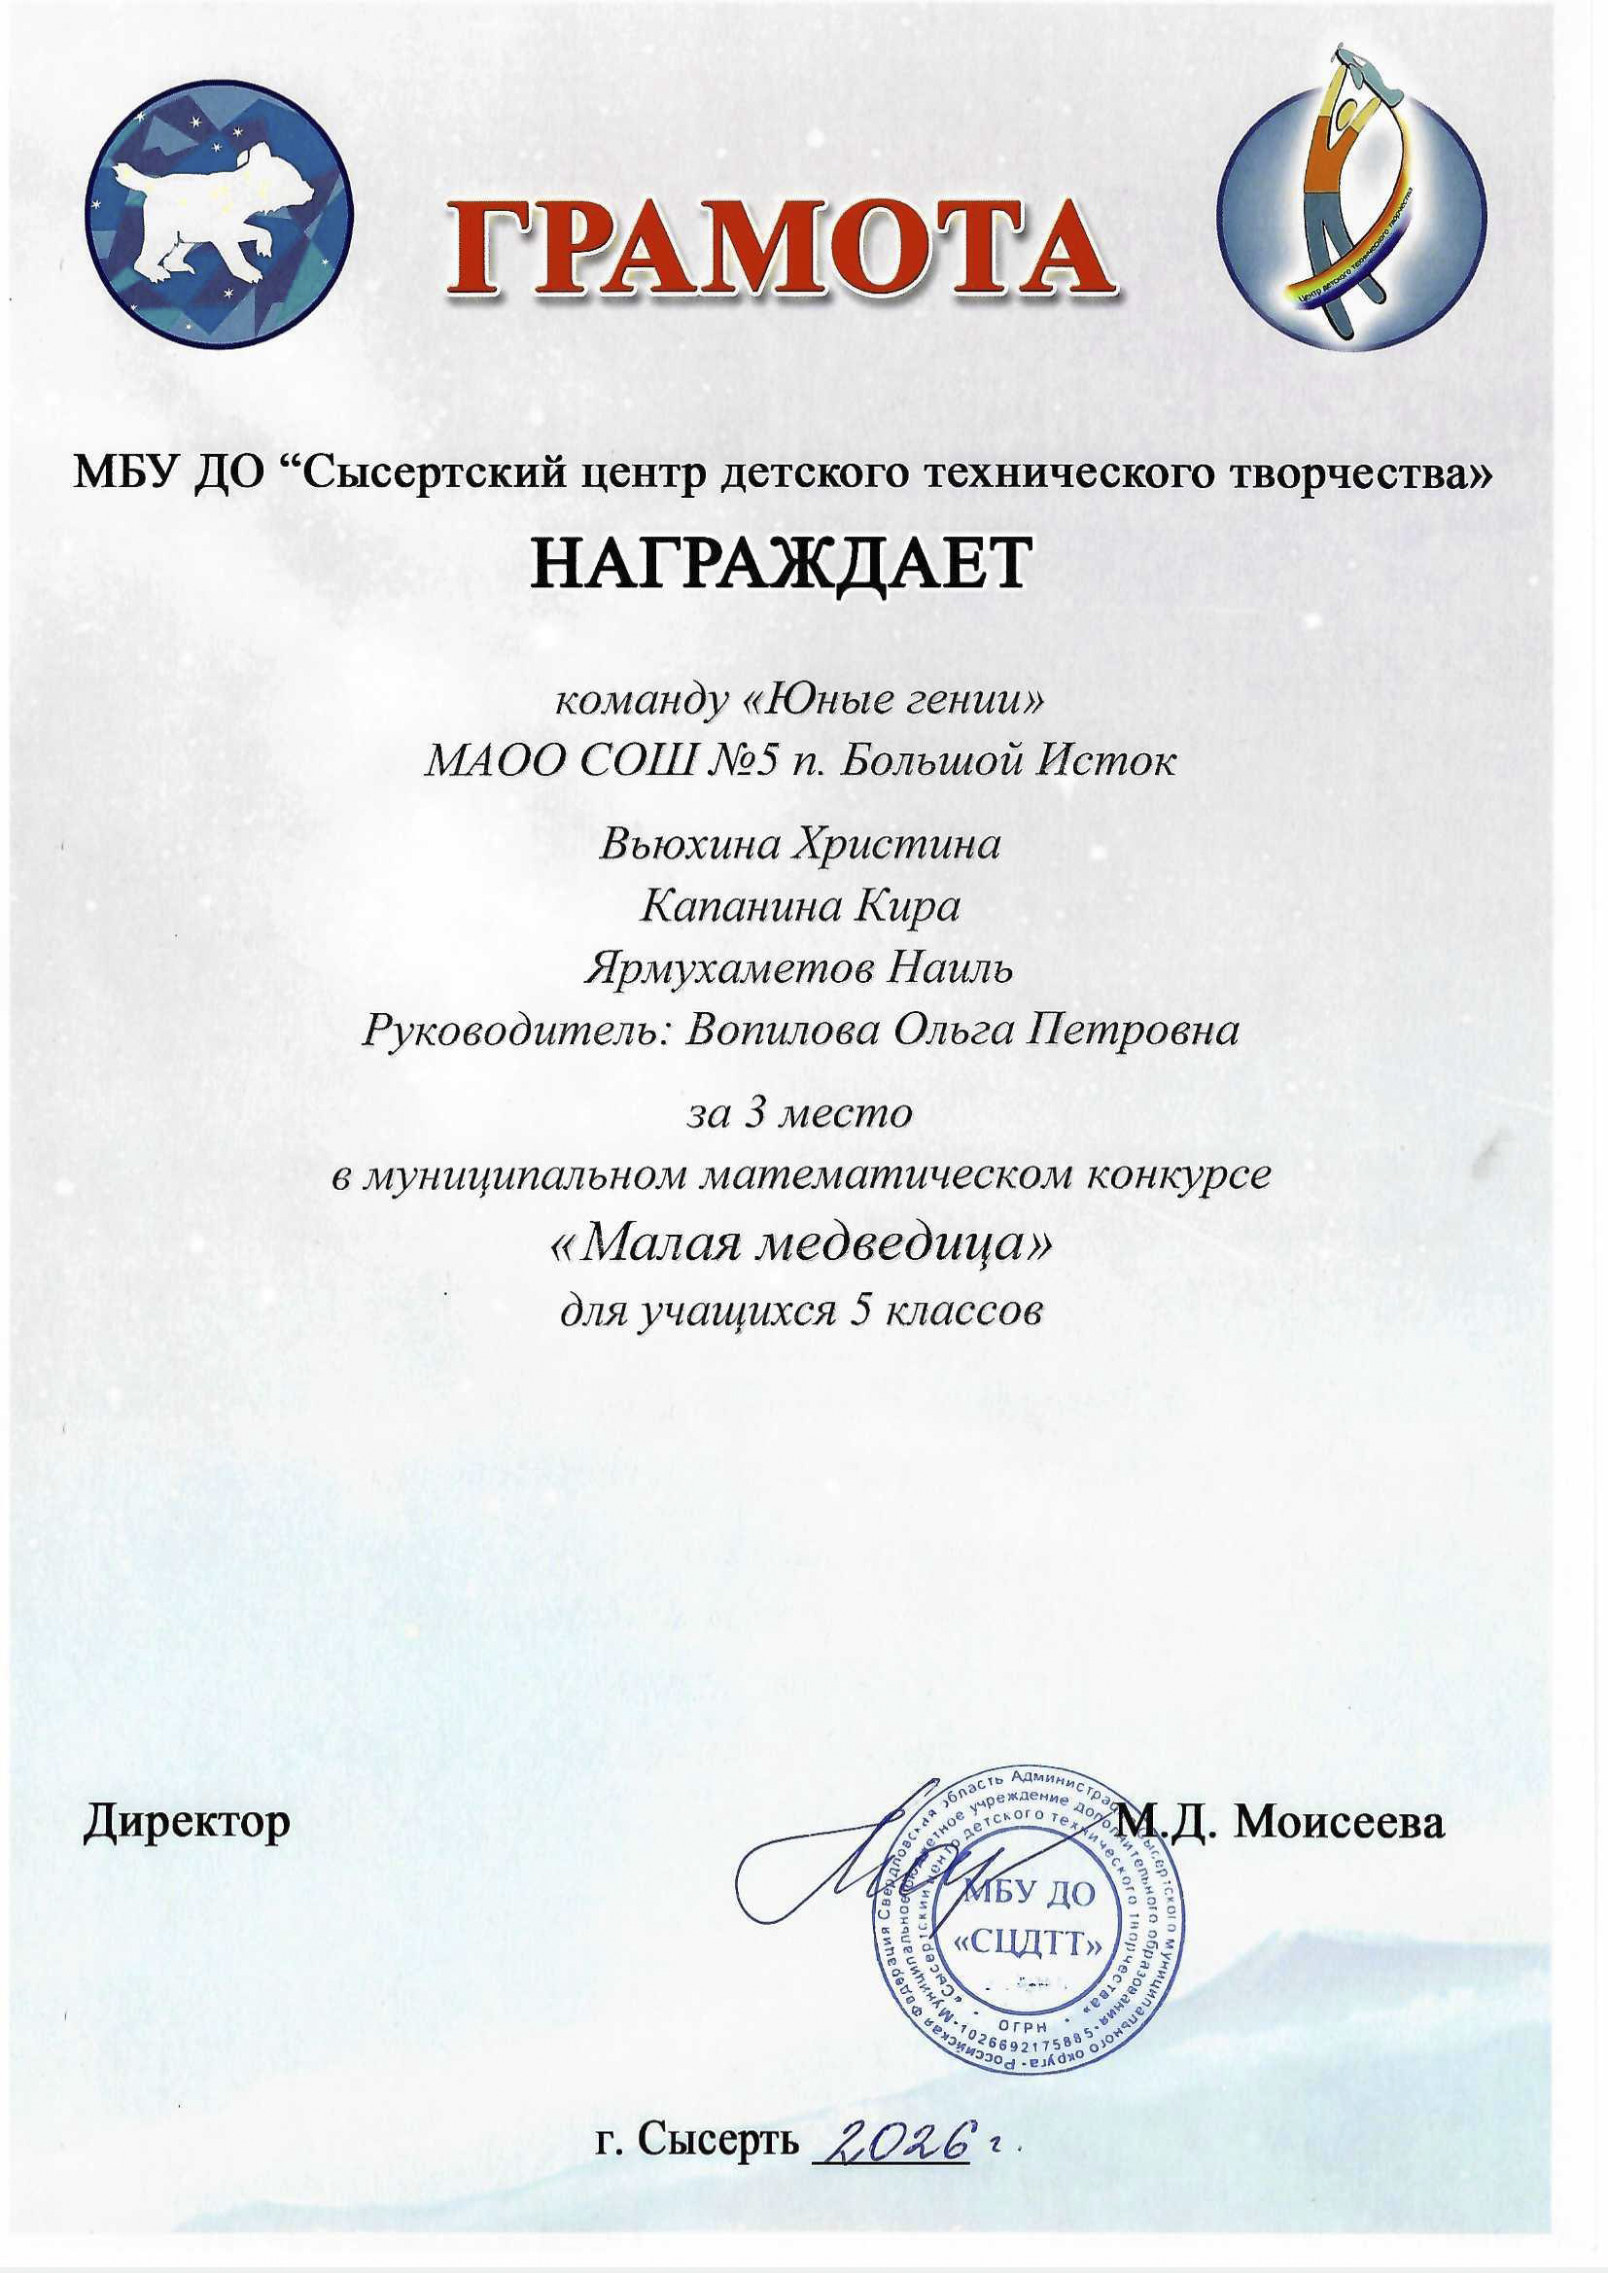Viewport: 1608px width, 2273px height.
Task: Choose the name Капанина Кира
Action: [x=801, y=907]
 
